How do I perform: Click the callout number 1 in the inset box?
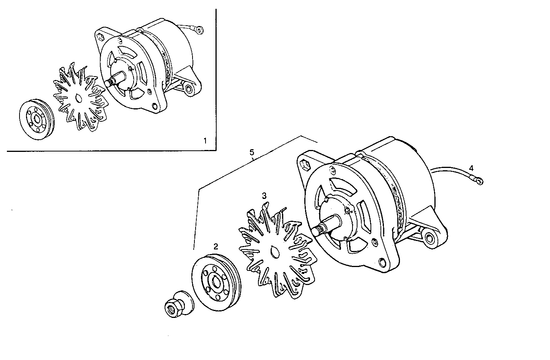pos(205,141)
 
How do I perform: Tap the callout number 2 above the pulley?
pos(216,246)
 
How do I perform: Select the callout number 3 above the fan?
pos(264,195)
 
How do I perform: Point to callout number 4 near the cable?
pos(471,168)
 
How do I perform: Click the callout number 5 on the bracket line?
pos(252,152)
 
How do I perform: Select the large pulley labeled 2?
pos(215,281)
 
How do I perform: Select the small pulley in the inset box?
pos(37,119)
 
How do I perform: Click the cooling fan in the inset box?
pos(79,98)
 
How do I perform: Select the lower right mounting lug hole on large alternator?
pos(430,238)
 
